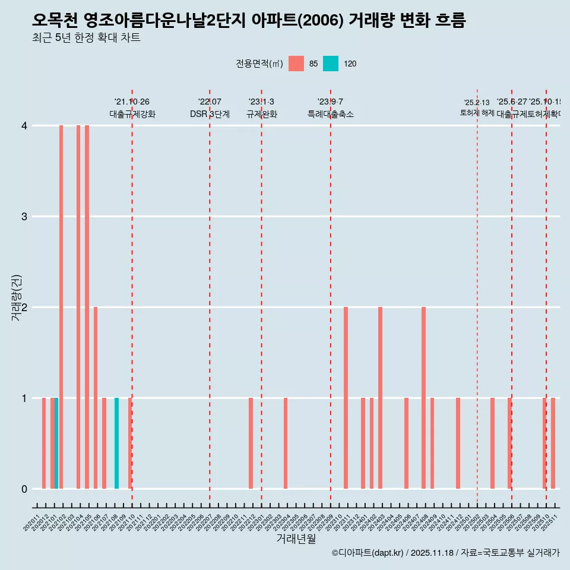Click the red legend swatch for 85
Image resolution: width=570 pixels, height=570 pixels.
pos(296,64)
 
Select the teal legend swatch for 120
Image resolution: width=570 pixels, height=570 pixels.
pos(331,64)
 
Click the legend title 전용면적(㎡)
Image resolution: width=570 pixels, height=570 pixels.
pos(259,64)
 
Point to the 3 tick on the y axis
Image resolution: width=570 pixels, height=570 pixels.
pos(24,217)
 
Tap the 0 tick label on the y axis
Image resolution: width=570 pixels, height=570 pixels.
pos(24,489)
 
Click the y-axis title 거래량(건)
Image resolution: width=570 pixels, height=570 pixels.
pos(17,298)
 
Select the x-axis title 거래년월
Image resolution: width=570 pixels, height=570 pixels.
pos(296,539)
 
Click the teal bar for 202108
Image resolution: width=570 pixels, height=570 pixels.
pos(117,444)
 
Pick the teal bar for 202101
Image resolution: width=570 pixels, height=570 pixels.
pos(56,444)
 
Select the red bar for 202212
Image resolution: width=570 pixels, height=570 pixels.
pos(251,444)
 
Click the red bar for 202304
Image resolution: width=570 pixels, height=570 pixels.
pos(286,444)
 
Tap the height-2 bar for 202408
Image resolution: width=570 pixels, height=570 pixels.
pos(423,398)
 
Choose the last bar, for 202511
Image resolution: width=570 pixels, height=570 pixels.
pos(553,444)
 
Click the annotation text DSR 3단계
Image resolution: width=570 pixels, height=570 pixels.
pos(210,114)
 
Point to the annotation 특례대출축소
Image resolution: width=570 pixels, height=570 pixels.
pos(330,114)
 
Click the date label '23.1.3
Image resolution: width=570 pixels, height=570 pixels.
pos(261,102)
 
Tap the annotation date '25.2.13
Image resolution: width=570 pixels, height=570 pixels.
pos(477,103)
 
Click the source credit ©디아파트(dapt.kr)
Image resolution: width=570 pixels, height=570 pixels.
pos(368,553)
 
